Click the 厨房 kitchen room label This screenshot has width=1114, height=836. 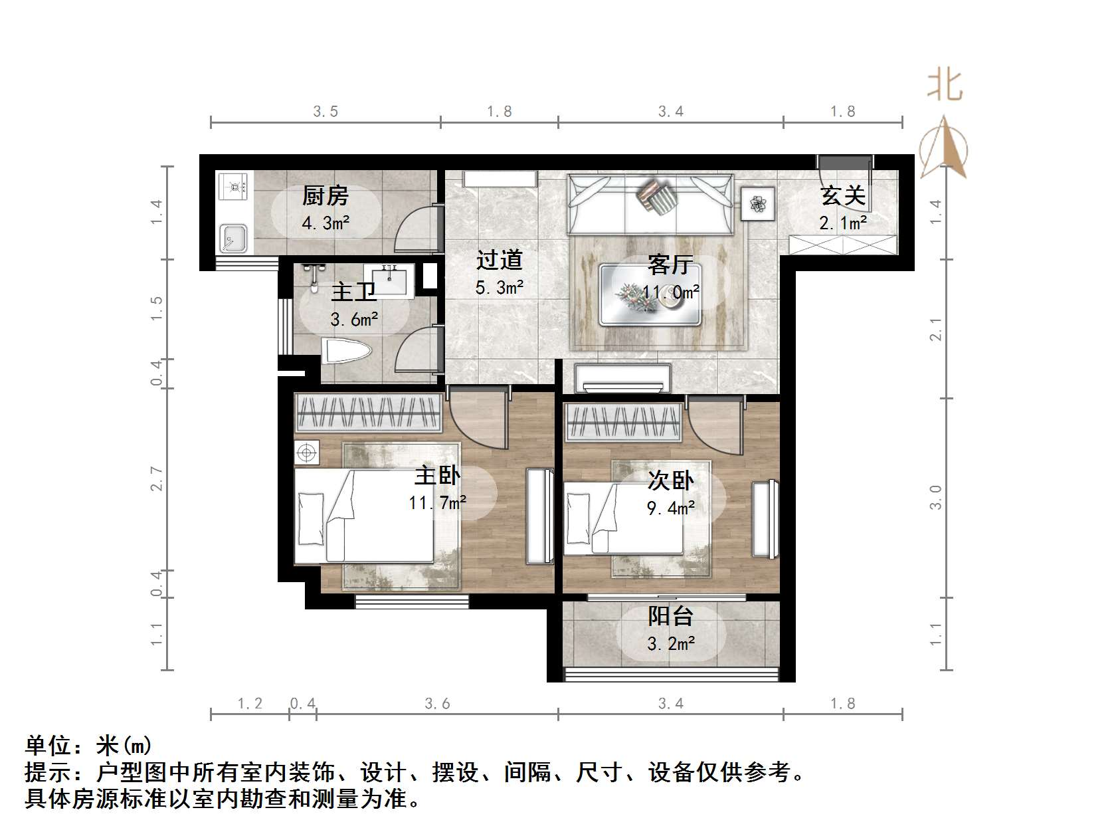click(325, 196)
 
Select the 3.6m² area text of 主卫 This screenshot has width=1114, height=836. click(354, 320)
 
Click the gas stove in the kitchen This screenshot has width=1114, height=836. click(233, 186)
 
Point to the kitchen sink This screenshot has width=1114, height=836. click(233, 238)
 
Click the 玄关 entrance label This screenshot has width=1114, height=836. click(842, 196)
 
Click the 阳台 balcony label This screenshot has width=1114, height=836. click(670, 616)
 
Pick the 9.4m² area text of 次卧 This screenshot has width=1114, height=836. click(670, 508)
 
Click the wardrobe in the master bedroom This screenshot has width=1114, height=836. click(368, 413)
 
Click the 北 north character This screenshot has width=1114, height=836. click(944, 86)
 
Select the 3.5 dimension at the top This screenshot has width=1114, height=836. click(325, 112)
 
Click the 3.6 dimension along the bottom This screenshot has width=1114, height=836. click(437, 703)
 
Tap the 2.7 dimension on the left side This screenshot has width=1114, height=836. click(157, 478)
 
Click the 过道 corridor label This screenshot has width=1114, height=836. click(499, 260)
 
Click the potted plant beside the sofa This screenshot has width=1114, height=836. click(758, 203)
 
